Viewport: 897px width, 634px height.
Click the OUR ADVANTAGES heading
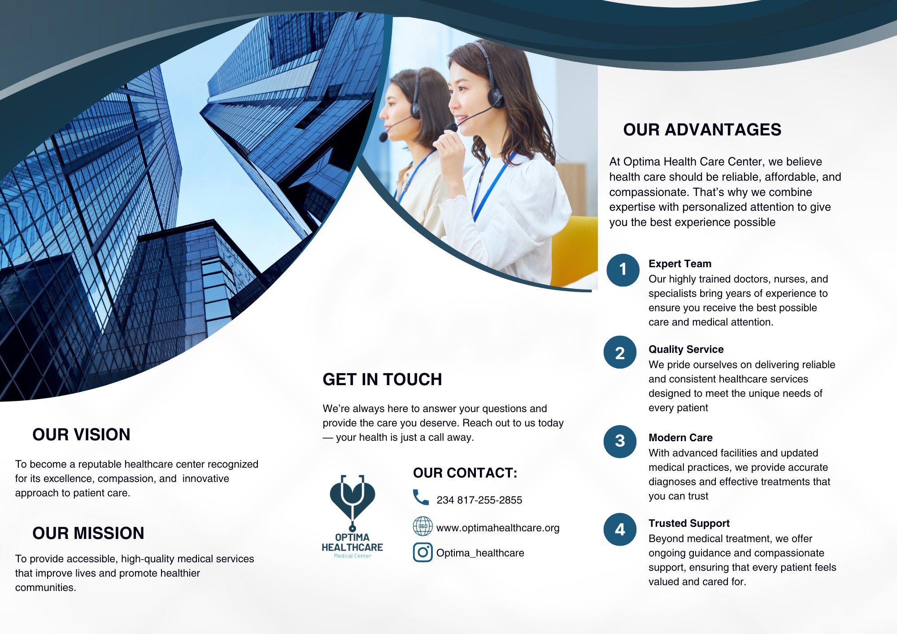702,130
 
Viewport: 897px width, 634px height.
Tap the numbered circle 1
623,270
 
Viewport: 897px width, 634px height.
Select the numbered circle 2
620,352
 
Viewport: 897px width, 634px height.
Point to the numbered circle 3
620,441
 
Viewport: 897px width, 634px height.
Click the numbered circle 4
620,530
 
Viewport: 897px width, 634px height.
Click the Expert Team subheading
680,264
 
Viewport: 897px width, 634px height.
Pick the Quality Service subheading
686,349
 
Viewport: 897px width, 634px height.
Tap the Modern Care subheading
680,438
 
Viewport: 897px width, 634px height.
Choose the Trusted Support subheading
689,523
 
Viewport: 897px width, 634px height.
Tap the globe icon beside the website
422,526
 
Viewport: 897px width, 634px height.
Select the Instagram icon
422,552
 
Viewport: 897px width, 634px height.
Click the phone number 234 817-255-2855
479,500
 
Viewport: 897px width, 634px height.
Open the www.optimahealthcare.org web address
498,528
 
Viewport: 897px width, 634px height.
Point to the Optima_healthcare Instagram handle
480,553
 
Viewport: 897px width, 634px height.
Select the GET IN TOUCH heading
382,379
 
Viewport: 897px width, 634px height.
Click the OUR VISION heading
81,434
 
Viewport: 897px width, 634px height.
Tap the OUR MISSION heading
88,533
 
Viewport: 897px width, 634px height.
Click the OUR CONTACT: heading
465,473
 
